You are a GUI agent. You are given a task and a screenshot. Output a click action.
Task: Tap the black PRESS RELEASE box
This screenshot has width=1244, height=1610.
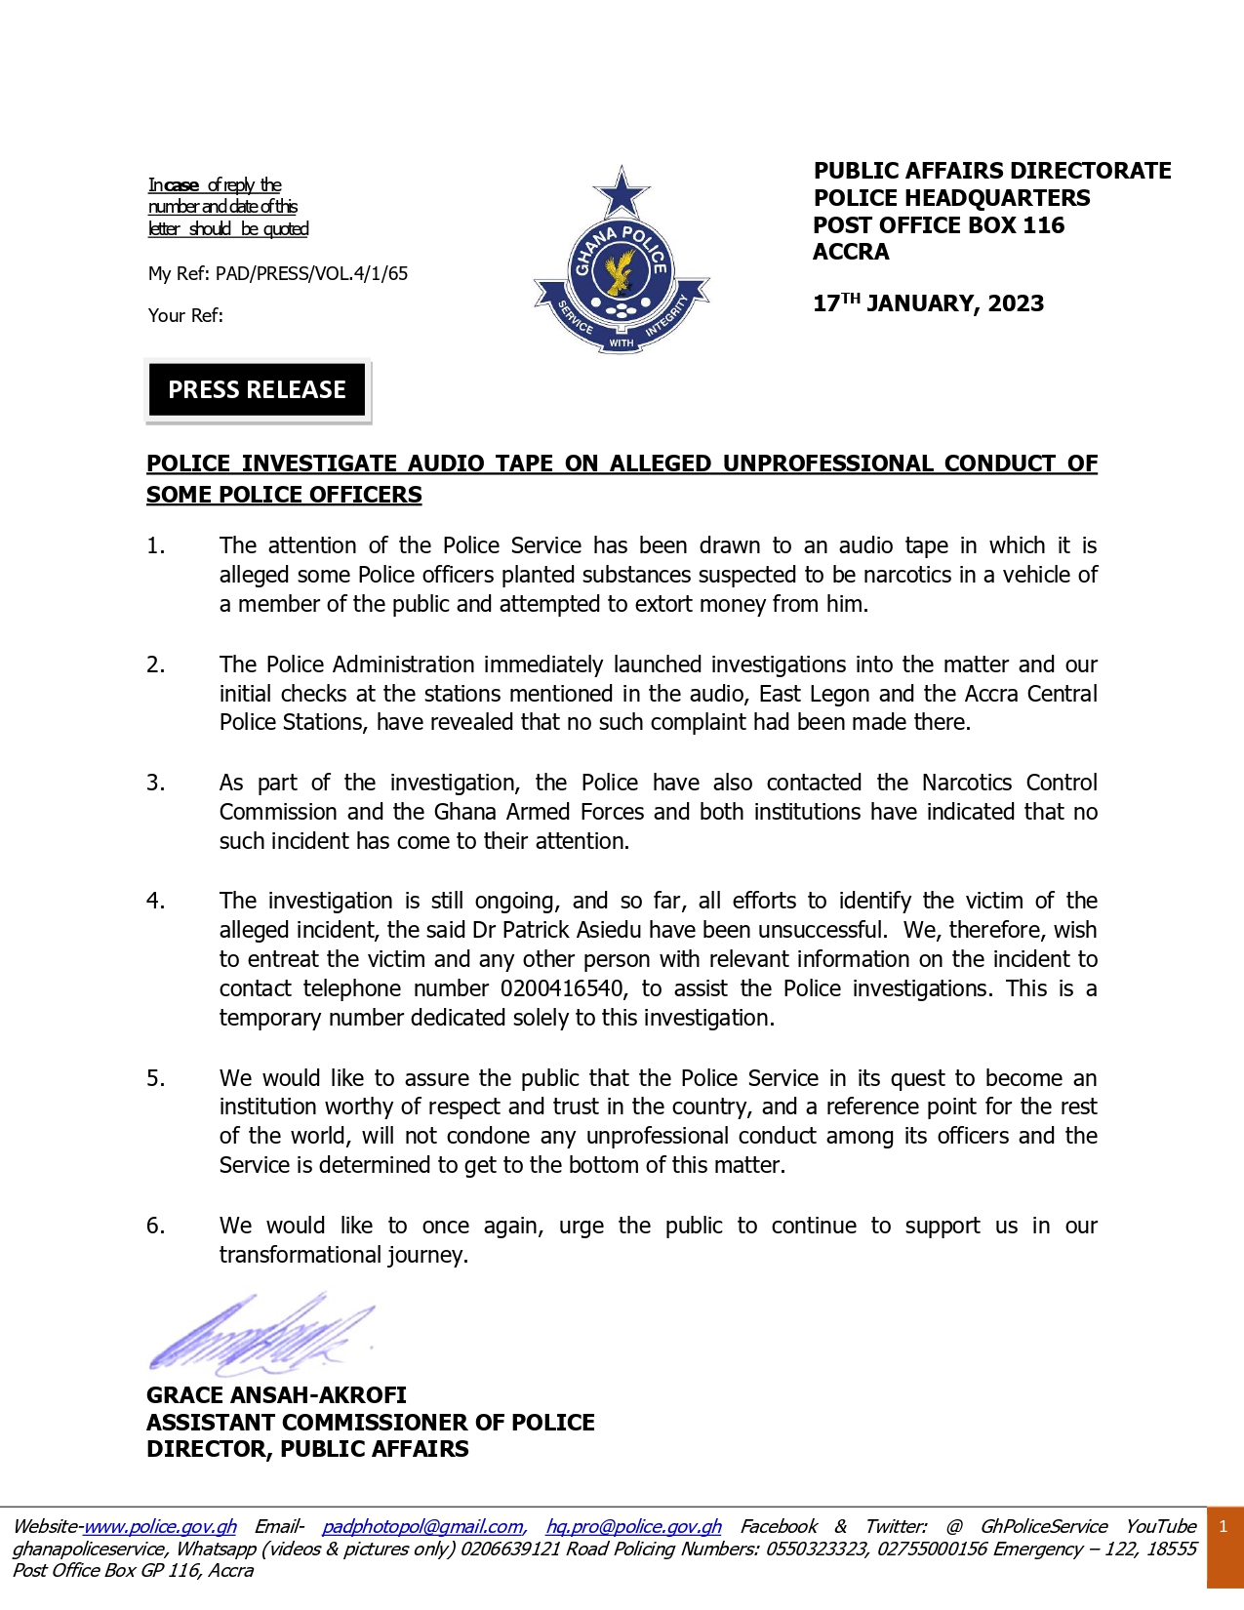tap(257, 390)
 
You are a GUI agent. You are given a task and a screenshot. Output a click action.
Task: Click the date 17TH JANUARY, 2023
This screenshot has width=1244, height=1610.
tap(928, 303)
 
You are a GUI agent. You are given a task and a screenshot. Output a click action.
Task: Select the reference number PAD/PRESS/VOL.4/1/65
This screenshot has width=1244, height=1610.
tap(311, 274)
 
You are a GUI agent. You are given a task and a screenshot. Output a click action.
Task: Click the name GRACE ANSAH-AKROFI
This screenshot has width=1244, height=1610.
tap(276, 1395)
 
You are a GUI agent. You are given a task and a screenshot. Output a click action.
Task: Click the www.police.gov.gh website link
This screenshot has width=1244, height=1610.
tap(160, 1527)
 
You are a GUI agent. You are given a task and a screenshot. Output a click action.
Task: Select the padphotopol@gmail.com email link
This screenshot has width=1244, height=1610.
tap(422, 1527)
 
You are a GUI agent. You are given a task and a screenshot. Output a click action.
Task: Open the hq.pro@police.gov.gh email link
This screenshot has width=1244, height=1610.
tap(633, 1527)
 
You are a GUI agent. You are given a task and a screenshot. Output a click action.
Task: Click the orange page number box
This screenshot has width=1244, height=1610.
tap(1224, 1548)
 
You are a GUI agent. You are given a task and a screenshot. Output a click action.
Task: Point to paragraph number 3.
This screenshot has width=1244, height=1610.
tap(155, 784)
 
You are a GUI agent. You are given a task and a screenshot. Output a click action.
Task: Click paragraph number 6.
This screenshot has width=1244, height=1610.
tap(155, 1227)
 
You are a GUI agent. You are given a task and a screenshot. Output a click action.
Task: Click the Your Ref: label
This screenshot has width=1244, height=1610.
tap(185, 316)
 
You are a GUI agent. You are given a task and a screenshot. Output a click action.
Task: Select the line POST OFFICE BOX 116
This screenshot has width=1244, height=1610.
tap(939, 225)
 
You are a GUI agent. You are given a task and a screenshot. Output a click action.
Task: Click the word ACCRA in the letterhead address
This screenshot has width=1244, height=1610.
tap(851, 253)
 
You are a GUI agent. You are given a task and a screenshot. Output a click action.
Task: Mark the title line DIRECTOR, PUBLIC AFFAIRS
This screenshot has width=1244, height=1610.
tap(307, 1449)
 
